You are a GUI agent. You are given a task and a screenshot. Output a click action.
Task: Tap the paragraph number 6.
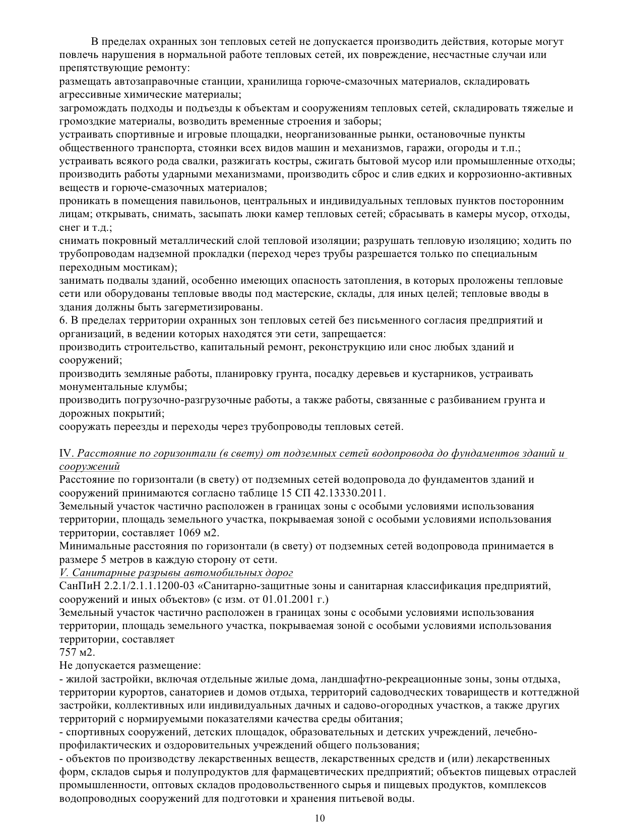coord(62,321)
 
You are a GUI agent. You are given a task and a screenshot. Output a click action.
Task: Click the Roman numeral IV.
coord(66,453)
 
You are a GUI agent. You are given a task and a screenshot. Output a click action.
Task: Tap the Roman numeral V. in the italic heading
coord(64,573)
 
